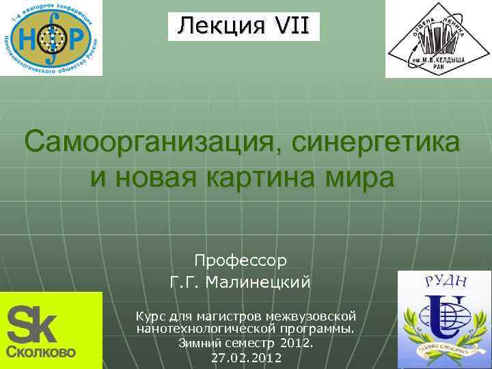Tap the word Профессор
(241, 260)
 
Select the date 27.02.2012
(246, 357)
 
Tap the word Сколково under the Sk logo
(41, 353)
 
